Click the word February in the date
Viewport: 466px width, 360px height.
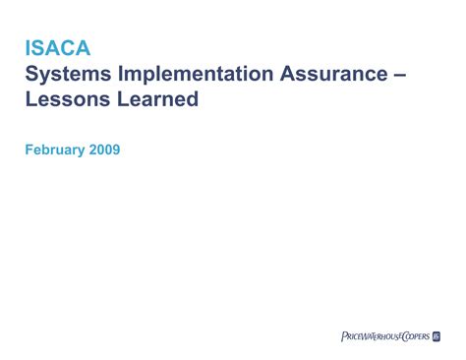[x=55, y=150]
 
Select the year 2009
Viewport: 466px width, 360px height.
[x=104, y=150]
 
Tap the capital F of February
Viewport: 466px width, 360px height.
[x=29, y=150]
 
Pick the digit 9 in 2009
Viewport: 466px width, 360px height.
[x=116, y=150]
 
